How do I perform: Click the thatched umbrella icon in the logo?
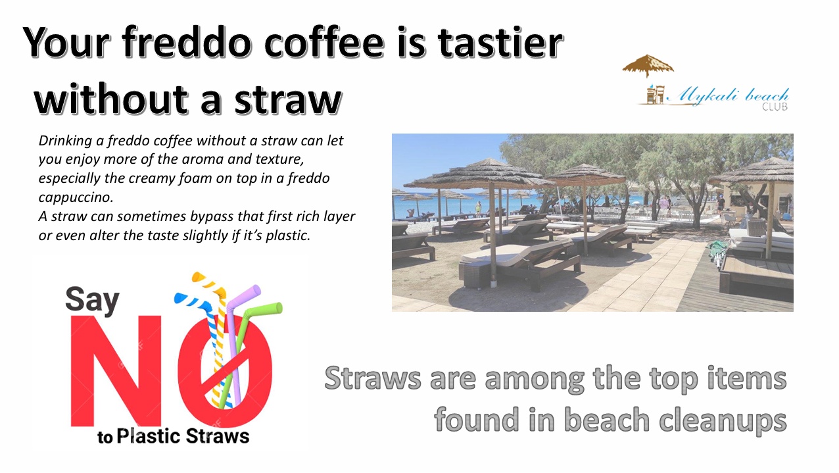click(x=648, y=66)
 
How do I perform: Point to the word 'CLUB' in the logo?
click(x=775, y=107)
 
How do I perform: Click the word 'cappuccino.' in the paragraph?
click(x=76, y=197)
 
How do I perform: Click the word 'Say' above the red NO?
click(x=92, y=300)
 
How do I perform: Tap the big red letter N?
click(x=116, y=371)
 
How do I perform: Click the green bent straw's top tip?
click(x=278, y=308)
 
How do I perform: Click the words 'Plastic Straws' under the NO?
click(x=183, y=436)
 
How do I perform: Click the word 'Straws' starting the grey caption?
click(x=373, y=378)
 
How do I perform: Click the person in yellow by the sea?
click(x=478, y=208)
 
